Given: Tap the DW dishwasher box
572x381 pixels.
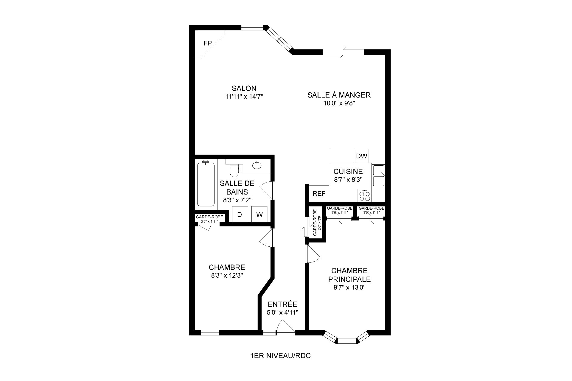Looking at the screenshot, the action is (362, 156).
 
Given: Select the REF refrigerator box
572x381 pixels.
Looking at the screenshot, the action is (319, 194).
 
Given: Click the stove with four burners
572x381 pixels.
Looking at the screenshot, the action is (365, 196).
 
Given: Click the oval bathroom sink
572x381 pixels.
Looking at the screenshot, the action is (257, 165).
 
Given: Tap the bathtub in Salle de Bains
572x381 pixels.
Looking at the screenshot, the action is (206, 184).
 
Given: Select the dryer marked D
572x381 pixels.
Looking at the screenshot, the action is (240, 214).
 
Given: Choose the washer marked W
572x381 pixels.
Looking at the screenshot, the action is (259, 214).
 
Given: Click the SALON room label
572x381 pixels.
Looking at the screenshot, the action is (244, 88).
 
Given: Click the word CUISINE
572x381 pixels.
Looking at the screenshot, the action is (348, 172).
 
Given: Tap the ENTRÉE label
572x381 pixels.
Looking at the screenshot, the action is (282, 304).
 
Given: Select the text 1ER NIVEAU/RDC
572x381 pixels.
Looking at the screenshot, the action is (281, 356).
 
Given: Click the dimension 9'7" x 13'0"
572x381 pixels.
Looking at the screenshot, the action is (349, 287).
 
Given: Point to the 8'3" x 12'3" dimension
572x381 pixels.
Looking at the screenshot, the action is (227, 276).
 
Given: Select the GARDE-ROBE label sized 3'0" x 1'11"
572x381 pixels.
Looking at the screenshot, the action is (209, 219).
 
